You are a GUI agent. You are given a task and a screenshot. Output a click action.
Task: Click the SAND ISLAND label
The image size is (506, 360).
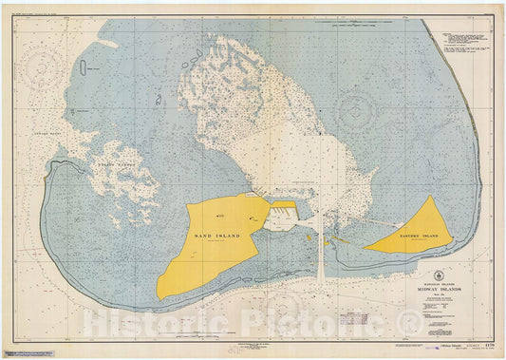point(218,236)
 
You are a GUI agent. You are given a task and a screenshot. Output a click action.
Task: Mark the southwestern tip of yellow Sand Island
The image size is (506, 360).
point(159,296)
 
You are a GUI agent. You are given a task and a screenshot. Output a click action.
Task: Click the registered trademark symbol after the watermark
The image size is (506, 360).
point(410,324)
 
